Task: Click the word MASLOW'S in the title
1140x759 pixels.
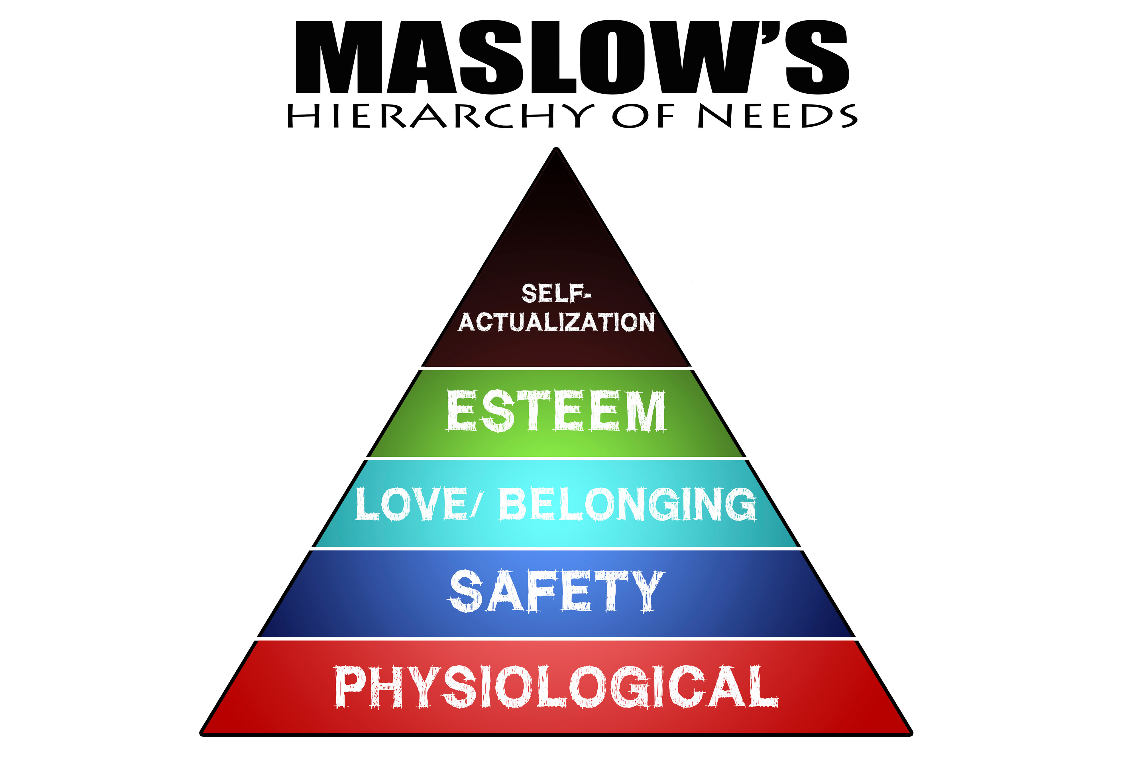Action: click(572, 57)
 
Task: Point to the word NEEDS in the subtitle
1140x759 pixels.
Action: click(777, 116)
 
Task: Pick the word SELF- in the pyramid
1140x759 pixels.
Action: click(556, 293)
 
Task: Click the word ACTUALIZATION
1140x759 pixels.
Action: click(557, 322)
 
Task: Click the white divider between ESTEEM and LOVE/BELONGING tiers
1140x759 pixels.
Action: click(556, 458)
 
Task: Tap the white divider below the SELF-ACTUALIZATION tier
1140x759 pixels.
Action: click(556, 368)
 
